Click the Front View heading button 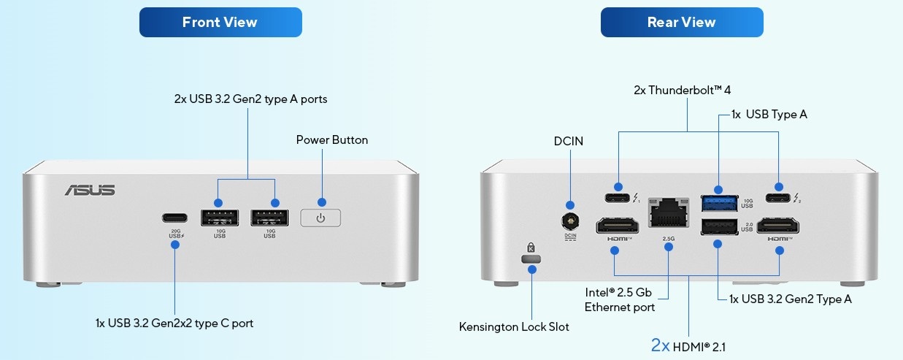click(220, 22)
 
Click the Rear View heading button click(681, 22)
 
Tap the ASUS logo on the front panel click(90, 190)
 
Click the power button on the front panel click(321, 218)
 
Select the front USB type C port click(174, 218)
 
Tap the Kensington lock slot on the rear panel click(531, 258)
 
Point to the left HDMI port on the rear click(615, 226)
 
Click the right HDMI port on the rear click(779, 226)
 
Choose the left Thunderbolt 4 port click(618, 197)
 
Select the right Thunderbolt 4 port click(779, 197)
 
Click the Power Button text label click(332, 139)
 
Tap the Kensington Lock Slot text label click(514, 326)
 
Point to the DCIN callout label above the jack click(569, 141)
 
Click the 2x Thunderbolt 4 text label click(682, 90)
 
